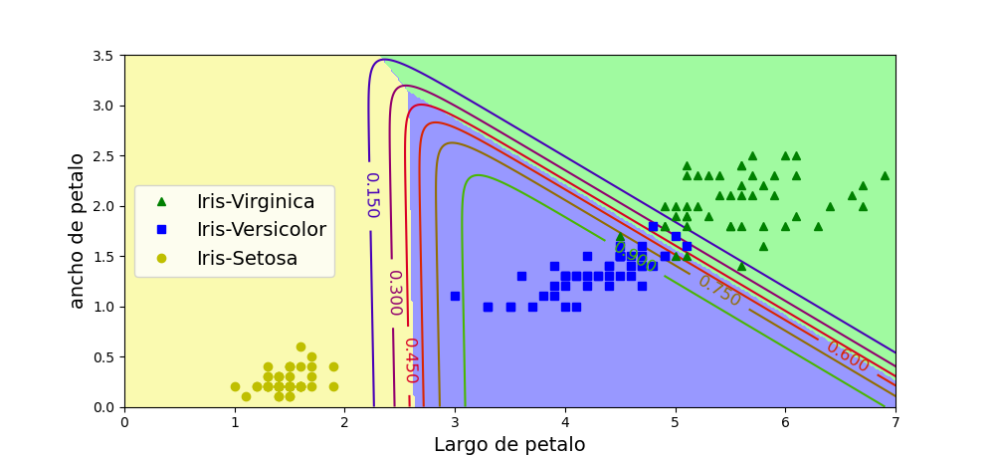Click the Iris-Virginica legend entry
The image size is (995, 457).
click(256, 202)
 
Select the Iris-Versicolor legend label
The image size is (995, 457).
click(261, 230)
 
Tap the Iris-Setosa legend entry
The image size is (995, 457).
click(247, 259)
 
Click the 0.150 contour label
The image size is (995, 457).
click(371, 195)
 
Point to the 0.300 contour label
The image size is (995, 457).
click(394, 293)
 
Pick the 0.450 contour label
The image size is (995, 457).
click(410, 359)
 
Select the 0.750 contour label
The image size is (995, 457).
click(719, 291)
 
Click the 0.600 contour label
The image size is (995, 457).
click(847, 356)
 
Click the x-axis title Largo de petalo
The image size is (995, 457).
click(509, 445)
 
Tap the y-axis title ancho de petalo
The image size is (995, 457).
click(78, 231)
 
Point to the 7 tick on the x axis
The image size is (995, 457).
click(895, 421)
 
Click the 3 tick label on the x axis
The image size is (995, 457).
click(455, 421)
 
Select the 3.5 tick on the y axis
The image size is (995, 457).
click(103, 56)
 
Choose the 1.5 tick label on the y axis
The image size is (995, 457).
click(103, 257)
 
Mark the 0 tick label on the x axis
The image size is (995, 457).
click(124, 421)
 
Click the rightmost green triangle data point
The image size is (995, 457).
click(885, 175)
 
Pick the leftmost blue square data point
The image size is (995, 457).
click(455, 296)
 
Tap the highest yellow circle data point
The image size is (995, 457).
click(300, 346)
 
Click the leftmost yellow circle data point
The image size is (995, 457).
click(235, 386)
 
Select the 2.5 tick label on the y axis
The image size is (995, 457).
click(103, 156)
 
